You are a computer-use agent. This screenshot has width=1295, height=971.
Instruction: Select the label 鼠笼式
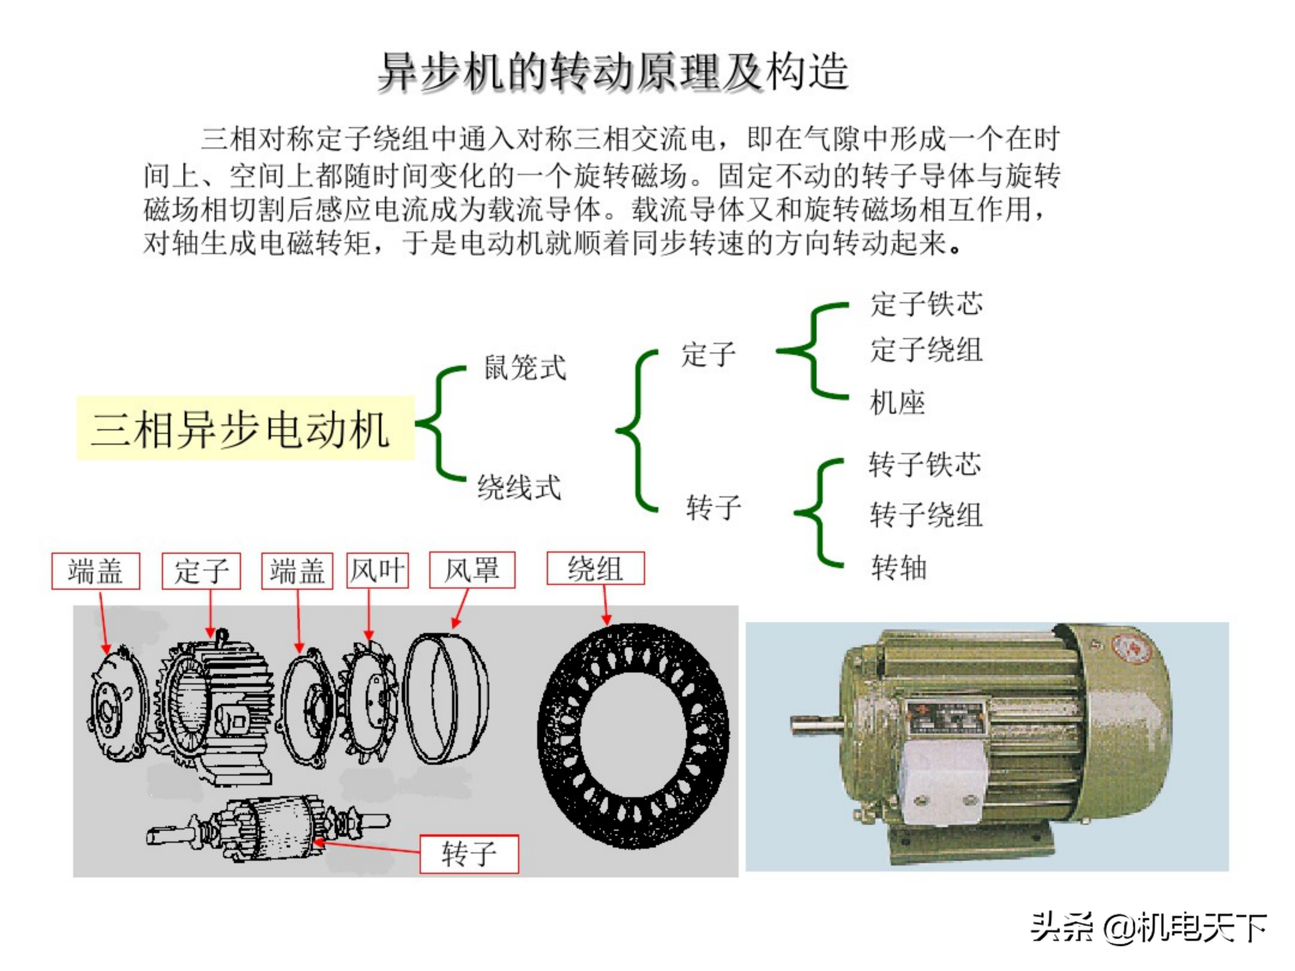(x=525, y=368)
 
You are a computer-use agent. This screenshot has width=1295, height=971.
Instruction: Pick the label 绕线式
(x=519, y=487)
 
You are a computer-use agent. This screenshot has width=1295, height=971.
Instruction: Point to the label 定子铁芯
(x=926, y=304)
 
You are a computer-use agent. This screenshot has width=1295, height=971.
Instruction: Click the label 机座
(x=897, y=403)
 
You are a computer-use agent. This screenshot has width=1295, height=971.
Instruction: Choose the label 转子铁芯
(x=925, y=464)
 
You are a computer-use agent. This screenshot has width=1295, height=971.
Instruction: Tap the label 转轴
(x=899, y=567)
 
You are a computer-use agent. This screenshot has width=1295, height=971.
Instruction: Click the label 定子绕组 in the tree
(x=926, y=350)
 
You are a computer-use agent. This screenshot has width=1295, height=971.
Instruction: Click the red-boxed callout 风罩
(x=472, y=570)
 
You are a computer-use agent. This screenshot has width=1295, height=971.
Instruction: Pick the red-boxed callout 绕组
(x=595, y=568)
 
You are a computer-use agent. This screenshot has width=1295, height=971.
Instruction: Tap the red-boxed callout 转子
(x=469, y=854)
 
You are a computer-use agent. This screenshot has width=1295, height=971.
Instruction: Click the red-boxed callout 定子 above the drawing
(x=201, y=570)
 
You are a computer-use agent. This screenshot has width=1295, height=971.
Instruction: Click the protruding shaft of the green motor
(x=816, y=725)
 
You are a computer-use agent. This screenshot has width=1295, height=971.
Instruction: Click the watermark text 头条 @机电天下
(x=1149, y=928)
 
